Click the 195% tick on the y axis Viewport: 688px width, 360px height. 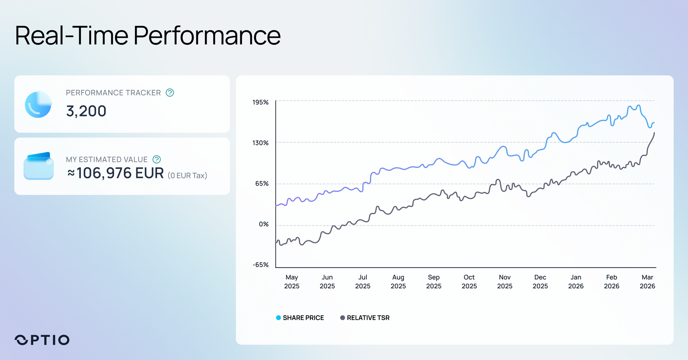260,102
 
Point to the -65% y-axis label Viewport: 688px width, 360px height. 260,265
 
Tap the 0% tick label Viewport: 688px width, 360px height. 263,224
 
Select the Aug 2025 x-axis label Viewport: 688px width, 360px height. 398,281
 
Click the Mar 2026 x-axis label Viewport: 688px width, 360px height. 647,281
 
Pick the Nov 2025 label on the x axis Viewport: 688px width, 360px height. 505,281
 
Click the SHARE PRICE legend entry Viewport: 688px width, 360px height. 303,318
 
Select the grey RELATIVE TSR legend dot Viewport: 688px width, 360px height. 342,318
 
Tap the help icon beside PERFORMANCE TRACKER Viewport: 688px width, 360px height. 170,93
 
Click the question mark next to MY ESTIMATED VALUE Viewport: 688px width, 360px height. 157,159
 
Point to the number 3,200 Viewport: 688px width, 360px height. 86,111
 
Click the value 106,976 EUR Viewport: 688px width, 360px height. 120,173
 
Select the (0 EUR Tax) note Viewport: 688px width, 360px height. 187,175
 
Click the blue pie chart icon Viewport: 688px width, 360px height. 38,104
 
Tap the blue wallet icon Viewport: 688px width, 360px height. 38,166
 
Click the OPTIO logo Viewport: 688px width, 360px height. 42,340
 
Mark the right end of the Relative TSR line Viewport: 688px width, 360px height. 654,133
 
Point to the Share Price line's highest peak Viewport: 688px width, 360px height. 638,105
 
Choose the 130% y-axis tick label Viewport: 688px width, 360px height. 260,143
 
